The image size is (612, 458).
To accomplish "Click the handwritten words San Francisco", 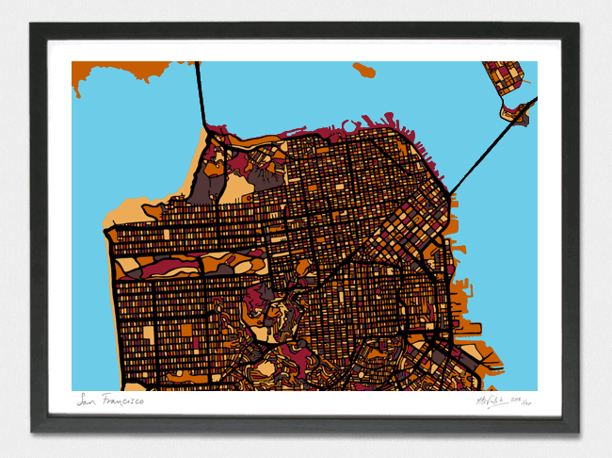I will (x=110, y=401).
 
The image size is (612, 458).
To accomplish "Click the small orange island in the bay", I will (x=363, y=70).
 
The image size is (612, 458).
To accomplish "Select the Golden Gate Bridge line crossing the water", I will (x=201, y=94).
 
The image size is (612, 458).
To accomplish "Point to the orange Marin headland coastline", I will (x=122, y=70).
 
